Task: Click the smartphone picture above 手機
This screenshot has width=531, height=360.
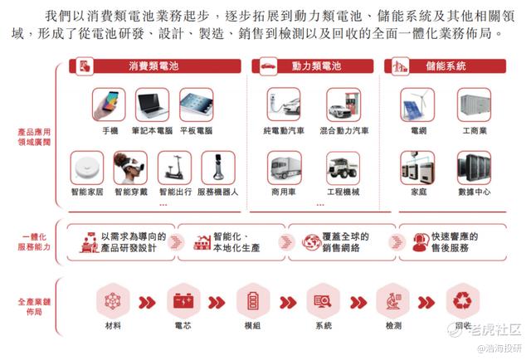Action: pos(109,105)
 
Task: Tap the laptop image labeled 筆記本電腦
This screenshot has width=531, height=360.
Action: pos(152,105)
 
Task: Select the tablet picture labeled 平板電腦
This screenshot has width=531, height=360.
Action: pos(197,105)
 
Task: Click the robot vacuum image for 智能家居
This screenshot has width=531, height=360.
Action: pos(87,168)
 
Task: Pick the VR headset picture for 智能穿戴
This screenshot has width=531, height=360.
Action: pos(130,168)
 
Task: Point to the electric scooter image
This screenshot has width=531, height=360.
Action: pos(174,168)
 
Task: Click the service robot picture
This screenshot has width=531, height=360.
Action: pos(218,168)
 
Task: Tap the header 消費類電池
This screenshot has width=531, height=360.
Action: pos(153,66)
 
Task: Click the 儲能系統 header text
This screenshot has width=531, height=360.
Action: pos(446,66)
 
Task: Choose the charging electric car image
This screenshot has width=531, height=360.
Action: pos(284,105)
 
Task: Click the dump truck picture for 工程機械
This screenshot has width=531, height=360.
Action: pos(343,168)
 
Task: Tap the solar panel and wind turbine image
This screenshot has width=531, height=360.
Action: pos(417,105)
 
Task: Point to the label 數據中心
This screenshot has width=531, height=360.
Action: pos(474,192)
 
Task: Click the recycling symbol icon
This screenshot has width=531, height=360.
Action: pos(463,300)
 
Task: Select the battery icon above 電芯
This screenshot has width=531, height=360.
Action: pos(183,301)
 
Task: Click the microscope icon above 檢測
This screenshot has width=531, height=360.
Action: pos(393,301)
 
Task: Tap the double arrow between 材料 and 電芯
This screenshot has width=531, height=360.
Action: pos(148,303)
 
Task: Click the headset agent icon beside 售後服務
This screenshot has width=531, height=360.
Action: pos(421,242)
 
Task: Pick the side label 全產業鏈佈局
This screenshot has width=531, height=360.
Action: pos(34,306)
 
